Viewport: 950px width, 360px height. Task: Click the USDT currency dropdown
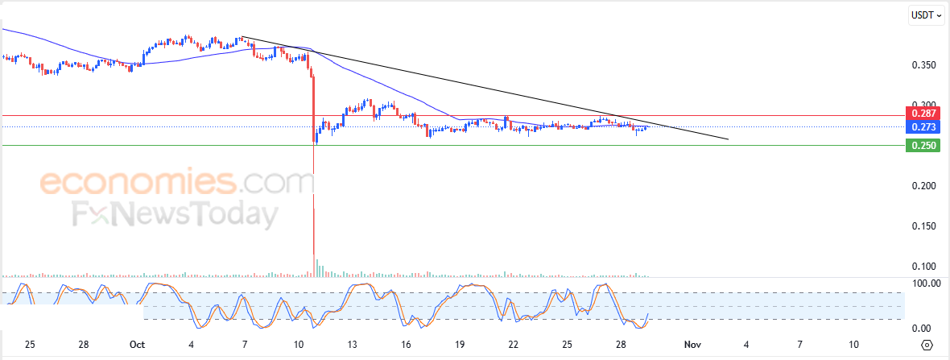[925, 14]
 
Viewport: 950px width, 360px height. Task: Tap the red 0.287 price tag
[923, 114]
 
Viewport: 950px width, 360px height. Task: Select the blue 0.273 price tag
[923, 127]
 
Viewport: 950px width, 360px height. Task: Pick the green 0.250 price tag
[923, 146]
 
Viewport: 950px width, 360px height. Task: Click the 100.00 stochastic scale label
[924, 283]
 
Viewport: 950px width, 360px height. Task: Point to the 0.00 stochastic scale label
[921, 328]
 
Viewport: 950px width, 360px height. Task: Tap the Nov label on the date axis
[692, 345]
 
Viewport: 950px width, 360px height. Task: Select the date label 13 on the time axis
[353, 345]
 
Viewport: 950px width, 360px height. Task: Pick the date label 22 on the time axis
[514, 345]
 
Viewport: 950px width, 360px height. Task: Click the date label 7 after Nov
[799, 345]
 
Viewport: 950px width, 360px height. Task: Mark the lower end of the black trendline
[728, 140]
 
